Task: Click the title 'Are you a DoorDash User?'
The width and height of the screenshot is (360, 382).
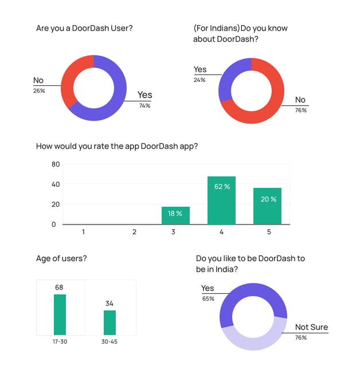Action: click(x=84, y=28)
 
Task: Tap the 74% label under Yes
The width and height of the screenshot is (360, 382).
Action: click(x=144, y=105)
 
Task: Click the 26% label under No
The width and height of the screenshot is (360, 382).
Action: click(x=39, y=90)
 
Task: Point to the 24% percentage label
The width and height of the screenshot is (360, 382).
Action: click(x=199, y=80)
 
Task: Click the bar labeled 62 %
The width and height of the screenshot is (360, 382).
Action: click(x=221, y=200)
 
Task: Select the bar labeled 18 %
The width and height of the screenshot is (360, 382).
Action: click(x=175, y=215)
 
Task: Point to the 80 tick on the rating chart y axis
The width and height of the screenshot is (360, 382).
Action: click(x=56, y=164)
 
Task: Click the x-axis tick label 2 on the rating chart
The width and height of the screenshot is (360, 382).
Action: click(x=134, y=232)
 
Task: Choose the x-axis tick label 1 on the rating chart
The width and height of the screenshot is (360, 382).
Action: click(x=83, y=232)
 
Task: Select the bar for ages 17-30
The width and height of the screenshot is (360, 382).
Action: click(x=60, y=314)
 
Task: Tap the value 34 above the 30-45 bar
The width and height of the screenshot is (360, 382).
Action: click(x=109, y=303)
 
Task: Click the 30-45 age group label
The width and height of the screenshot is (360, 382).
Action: click(x=109, y=341)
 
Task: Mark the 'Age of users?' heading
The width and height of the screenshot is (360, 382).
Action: click(x=61, y=258)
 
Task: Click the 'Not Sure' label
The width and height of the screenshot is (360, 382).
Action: click(x=311, y=327)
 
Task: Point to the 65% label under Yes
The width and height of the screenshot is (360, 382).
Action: click(x=208, y=298)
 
